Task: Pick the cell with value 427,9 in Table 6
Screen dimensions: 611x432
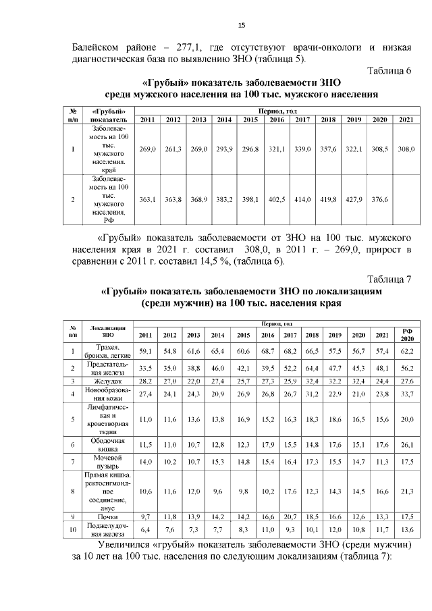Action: [x=354, y=199]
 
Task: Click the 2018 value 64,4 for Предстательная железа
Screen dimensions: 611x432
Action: [x=312, y=369]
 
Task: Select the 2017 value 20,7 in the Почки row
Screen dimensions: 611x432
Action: [x=290, y=516]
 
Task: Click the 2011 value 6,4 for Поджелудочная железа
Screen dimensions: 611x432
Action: [x=145, y=529]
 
